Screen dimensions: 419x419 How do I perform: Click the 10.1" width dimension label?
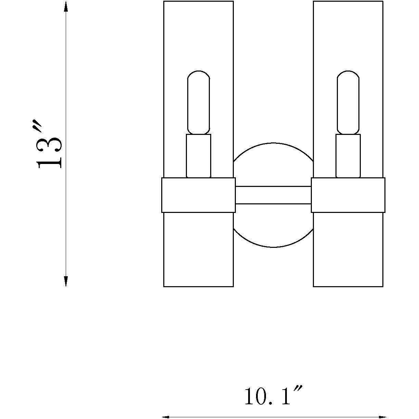pos(273,396)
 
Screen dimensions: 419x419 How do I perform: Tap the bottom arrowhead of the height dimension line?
pos(66,281)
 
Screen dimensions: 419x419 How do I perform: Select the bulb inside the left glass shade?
pos(199,102)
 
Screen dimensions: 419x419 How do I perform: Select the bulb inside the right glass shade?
pos(348,102)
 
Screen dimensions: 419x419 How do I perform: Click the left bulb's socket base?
pos(199,156)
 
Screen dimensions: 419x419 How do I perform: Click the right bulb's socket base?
pos(348,156)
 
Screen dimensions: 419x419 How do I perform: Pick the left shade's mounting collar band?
pos(199,195)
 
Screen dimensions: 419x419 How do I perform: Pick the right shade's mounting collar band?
pos(348,195)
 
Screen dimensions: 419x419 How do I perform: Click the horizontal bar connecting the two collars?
pos(273,195)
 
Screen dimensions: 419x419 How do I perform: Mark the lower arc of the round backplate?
pos(273,247)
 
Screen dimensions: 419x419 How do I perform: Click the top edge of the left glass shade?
pos(199,1)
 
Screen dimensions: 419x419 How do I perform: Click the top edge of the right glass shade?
pos(348,1)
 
